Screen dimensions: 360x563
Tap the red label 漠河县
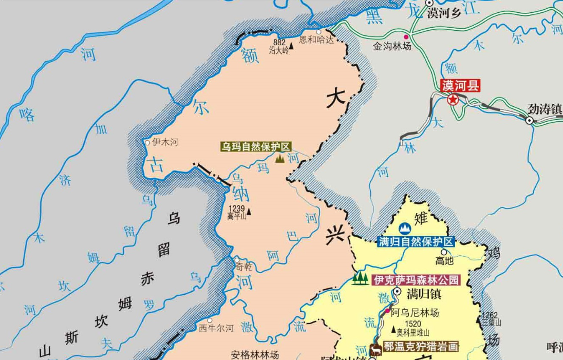460,86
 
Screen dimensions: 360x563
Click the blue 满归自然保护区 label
416,242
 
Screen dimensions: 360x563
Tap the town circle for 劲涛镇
529,120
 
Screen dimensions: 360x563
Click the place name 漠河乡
444,14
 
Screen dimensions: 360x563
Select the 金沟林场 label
392,46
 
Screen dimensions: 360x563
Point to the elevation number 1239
236,209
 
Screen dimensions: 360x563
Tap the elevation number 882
279,43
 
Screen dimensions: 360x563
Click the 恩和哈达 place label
316,40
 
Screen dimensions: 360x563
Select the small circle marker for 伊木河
147,143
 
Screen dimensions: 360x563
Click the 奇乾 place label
243,267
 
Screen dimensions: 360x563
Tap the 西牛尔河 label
216,328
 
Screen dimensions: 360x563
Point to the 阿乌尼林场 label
415,312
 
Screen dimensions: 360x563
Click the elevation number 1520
413,324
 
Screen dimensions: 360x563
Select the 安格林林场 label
255,354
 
